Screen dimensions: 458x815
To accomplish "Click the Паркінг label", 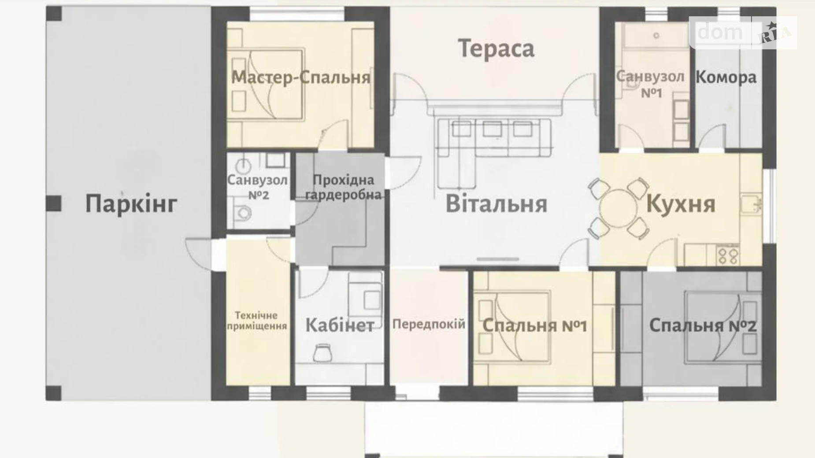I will [131, 204].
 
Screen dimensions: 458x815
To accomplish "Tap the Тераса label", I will [496, 48].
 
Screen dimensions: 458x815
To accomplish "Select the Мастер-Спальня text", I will [300, 78].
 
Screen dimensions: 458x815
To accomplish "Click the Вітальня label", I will [496, 204].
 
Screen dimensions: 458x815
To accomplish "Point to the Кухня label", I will [680, 204].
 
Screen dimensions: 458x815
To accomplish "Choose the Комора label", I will [726, 78].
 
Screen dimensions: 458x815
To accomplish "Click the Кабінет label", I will [340, 325].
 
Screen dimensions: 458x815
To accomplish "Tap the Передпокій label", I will [428, 325].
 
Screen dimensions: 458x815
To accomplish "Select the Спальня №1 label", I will [534, 326].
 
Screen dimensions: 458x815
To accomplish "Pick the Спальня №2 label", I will [702, 326].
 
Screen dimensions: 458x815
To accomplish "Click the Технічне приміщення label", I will [256, 321].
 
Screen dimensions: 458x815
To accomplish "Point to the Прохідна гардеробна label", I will [343, 187].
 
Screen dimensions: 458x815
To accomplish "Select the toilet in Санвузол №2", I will [242, 214].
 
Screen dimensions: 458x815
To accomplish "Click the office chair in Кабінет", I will [323, 353].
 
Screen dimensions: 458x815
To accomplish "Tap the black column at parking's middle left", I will [54, 203].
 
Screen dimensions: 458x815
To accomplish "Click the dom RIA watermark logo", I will [743, 32].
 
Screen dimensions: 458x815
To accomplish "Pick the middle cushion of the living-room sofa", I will [492, 129].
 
